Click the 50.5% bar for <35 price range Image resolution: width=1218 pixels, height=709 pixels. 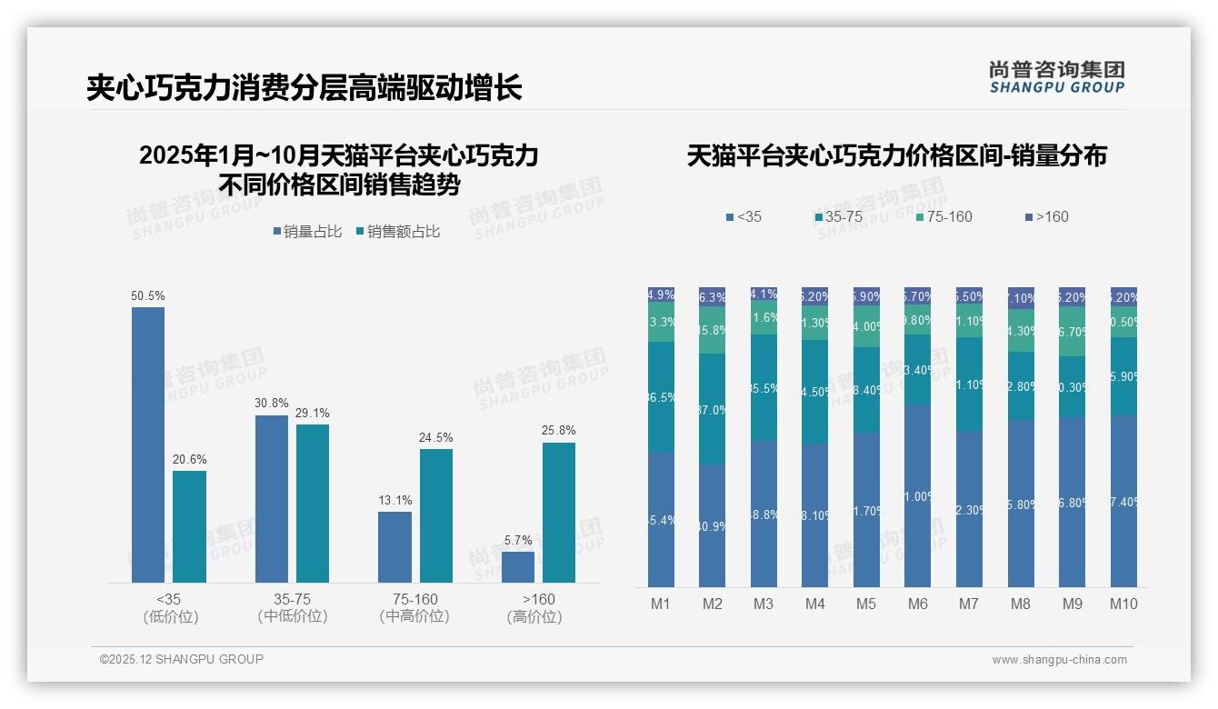(x=148, y=444)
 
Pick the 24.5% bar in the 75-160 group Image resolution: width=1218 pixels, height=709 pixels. (x=435, y=515)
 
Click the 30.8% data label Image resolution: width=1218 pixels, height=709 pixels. (x=271, y=404)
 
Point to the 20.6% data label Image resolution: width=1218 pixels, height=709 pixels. (x=189, y=459)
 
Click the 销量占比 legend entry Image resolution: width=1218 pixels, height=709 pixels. (x=307, y=232)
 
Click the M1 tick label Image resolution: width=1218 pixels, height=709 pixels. (x=661, y=604)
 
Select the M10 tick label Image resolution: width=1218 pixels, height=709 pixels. (x=1123, y=604)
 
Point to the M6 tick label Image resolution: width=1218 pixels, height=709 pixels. (x=917, y=604)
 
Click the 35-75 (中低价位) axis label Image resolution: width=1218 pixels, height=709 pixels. (x=292, y=607)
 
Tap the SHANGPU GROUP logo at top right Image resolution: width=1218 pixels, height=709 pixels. (x=1056, y=77)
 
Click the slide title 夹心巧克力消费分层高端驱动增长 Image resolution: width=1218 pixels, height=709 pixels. (x=304, y=88)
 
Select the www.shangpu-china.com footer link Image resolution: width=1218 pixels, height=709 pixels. (x=1059, y=660)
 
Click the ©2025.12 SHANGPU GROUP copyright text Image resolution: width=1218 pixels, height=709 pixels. (x=182, y=659)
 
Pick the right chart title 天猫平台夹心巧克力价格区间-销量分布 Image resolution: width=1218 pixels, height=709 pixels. (x=896, y=155)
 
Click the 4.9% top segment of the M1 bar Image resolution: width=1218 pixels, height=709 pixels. (x=661, y=295)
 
